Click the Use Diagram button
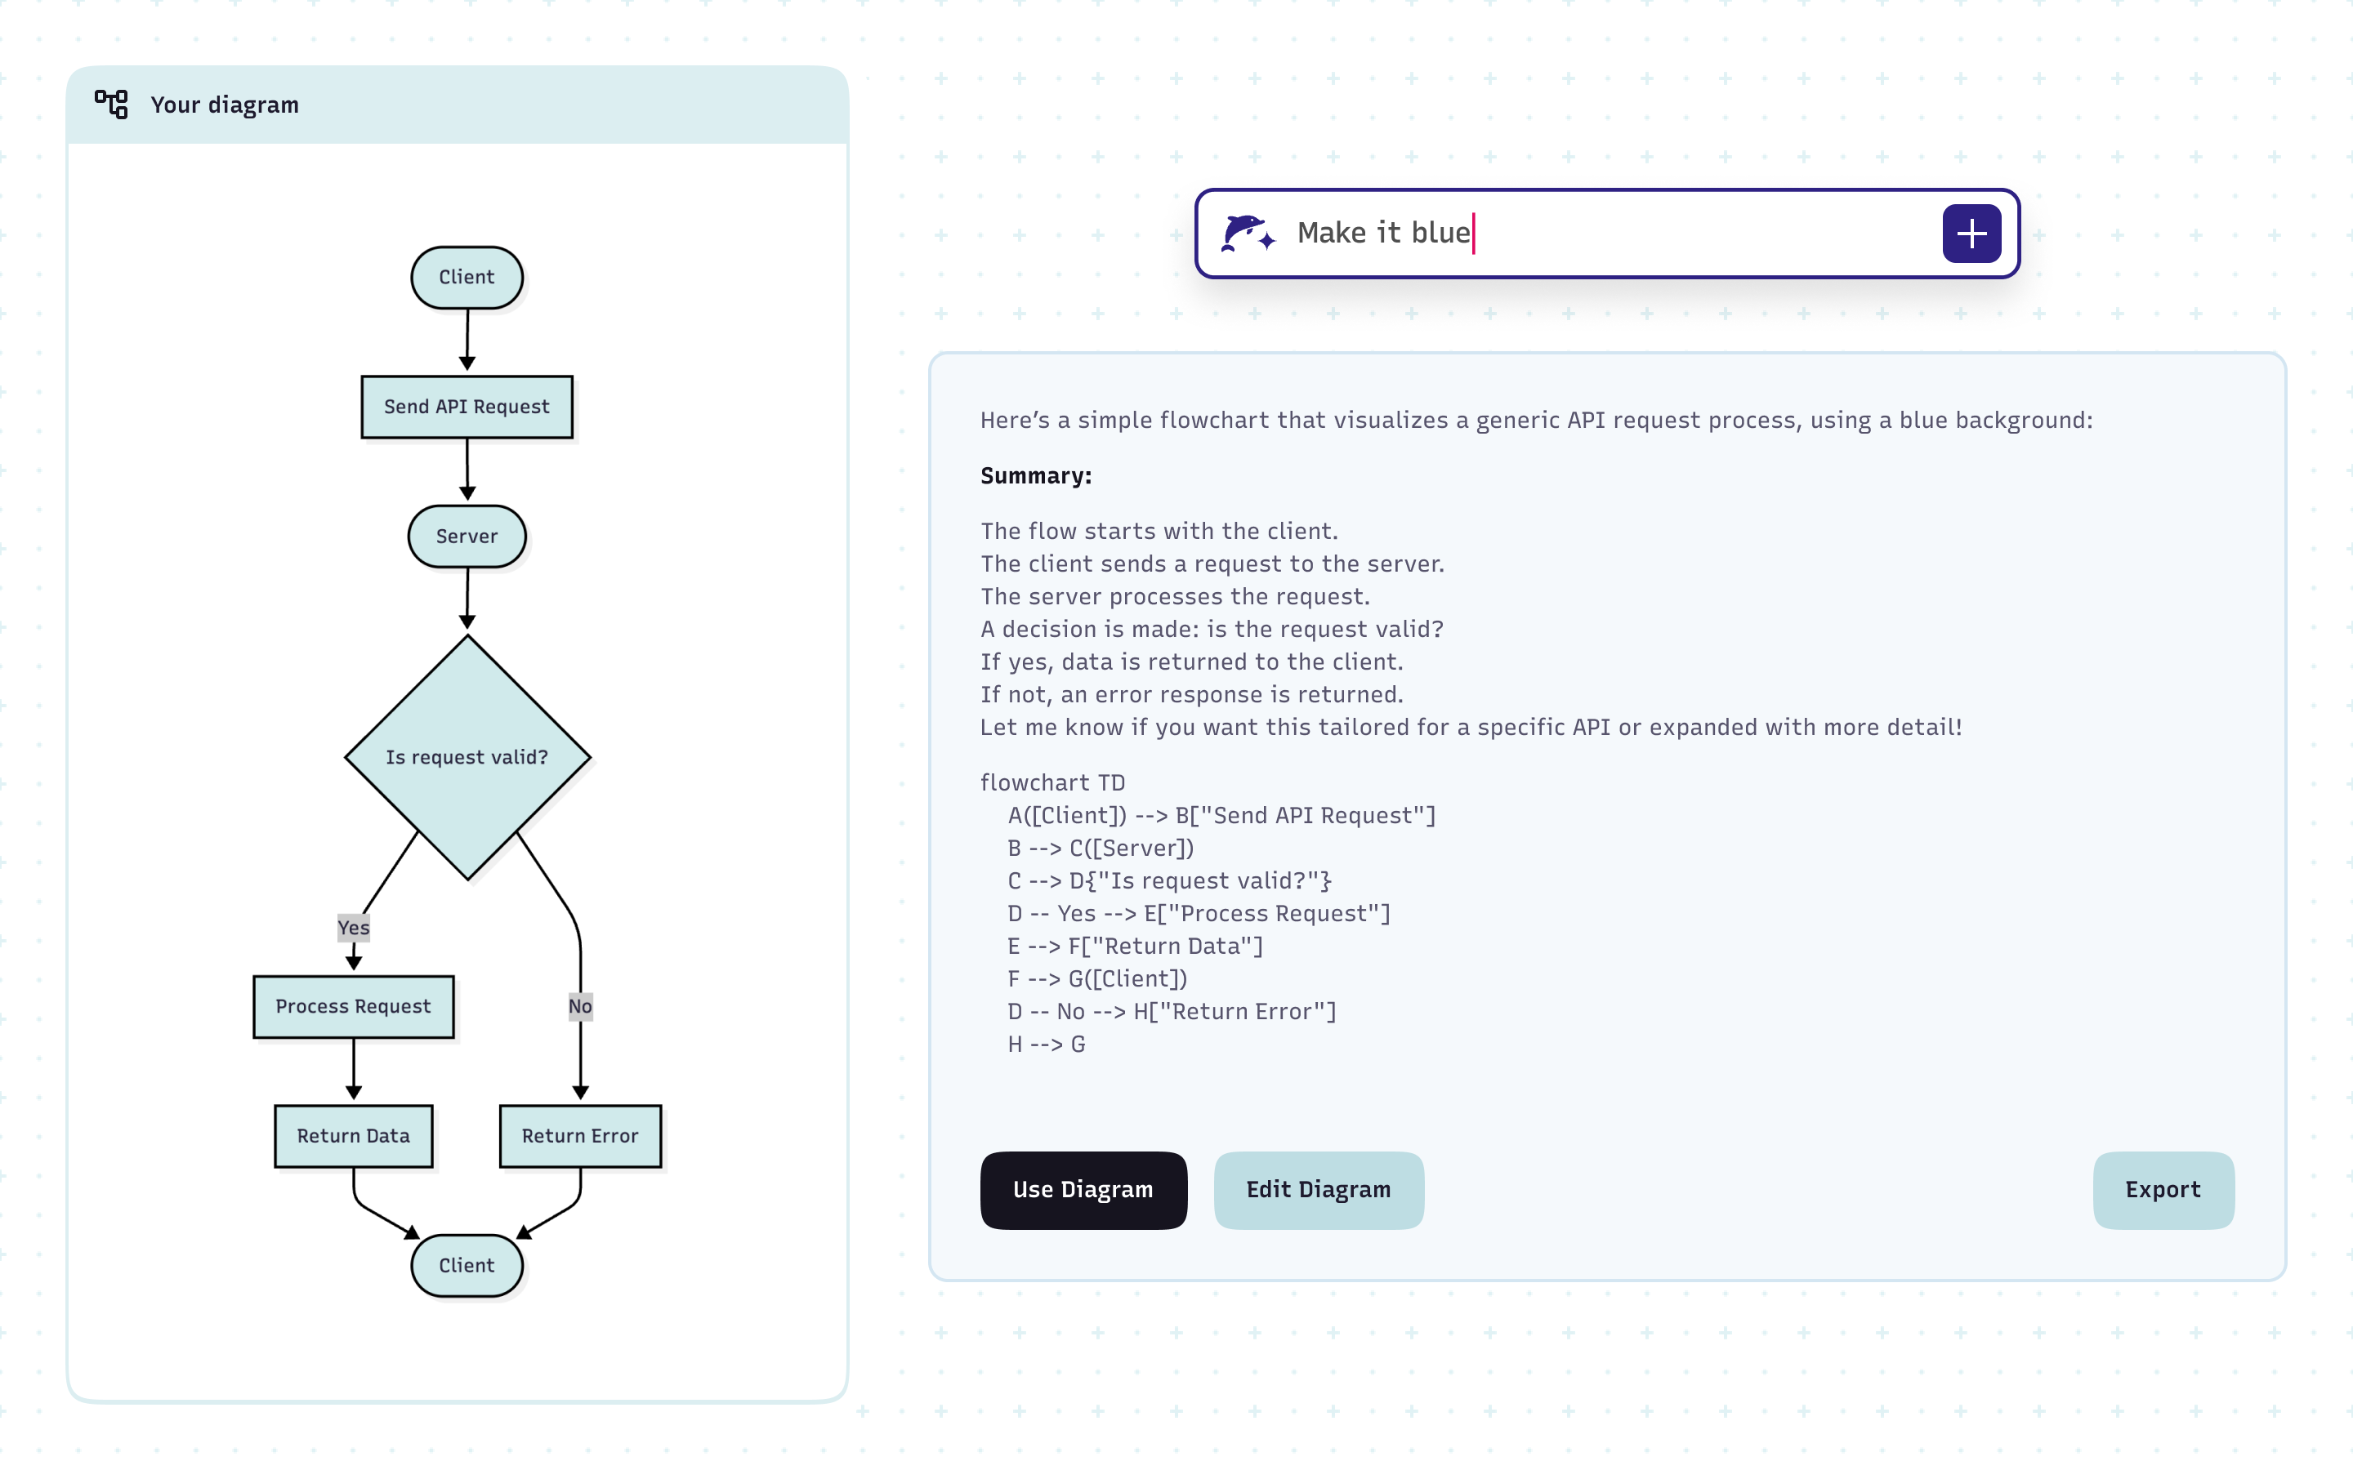pos(1083,1190)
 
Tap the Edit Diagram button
pos(1319,1190)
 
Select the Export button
pos(2163,1190)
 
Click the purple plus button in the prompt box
pos(1971,234)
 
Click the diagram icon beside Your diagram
pos(111,104)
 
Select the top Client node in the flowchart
pos(467,277)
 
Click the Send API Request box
pos(467,407)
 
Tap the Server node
pos(467,536)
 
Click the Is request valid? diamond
pos(467,756)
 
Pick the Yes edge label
pos(353,928)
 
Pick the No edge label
pos(580,1006)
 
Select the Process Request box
pos(353,1006)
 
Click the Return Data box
pos(353,1135)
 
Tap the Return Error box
pos(580,1135)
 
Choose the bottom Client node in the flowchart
pos(467,1265)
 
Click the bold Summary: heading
pos(1035,475)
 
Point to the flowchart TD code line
pos(1052,782)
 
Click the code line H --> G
pos(1047,1045)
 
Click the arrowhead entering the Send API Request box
pos(467,363)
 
